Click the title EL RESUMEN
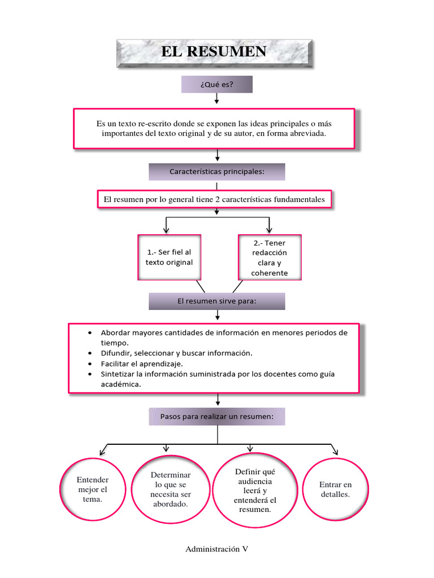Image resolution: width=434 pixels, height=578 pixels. click(214, 52)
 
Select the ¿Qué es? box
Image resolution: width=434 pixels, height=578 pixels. click(216, 84)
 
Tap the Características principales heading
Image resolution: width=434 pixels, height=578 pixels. click(216, 172)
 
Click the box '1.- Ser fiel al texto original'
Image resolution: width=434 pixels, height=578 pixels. click(169, 257)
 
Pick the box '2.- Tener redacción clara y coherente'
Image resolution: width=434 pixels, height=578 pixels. click(270, 257)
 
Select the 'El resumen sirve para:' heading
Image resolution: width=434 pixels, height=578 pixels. click(216, 301)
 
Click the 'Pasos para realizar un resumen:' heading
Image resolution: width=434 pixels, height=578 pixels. click(216, 417)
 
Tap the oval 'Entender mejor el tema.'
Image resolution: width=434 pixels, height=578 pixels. click(93, 489)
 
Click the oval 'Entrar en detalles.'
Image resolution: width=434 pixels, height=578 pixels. click(335, 489)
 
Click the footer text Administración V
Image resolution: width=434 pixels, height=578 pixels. click(216, 549)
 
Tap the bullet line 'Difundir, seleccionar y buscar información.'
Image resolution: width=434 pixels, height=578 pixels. click(176, 353)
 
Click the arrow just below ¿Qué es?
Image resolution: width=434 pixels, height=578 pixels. click(217, 99)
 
